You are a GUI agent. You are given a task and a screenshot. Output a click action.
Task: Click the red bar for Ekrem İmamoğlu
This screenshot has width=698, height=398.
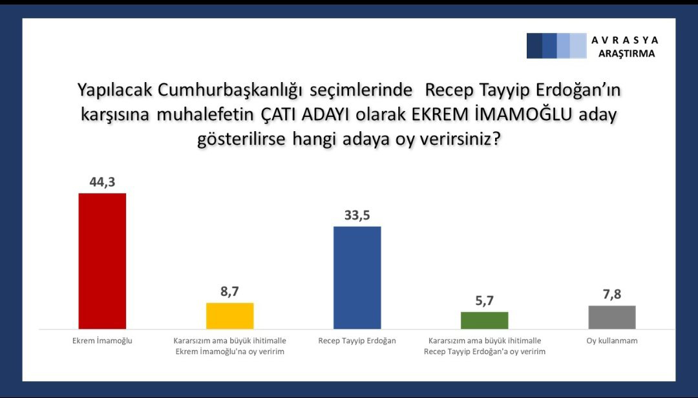pos(102,261)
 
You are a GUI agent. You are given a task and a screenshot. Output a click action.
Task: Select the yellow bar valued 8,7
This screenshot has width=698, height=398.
pos(229,316)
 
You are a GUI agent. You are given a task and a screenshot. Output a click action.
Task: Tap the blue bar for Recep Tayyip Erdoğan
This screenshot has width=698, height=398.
pos(357,278)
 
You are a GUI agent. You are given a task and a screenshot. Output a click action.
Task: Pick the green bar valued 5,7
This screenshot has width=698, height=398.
pos(484,320)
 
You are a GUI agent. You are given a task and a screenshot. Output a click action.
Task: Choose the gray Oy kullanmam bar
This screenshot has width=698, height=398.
pos(612,317)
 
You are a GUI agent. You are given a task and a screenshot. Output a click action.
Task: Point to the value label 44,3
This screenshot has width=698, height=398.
pos(102,182)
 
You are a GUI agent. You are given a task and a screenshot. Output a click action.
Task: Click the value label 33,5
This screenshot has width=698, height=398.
pos(357,215)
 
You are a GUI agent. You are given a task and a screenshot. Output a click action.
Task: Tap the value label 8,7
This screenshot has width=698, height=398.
pos(229,291)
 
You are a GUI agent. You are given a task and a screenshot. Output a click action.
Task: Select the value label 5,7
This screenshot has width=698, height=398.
pos(484,301)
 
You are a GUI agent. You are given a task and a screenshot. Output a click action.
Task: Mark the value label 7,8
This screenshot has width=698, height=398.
pos(612,294)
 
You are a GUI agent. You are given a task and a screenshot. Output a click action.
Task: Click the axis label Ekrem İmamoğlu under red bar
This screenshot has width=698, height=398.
pos(102,340)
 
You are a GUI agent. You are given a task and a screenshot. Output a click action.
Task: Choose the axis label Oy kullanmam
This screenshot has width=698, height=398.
pos(612,340)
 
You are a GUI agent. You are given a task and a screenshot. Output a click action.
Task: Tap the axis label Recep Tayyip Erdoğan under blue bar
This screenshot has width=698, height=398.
pos(357,340)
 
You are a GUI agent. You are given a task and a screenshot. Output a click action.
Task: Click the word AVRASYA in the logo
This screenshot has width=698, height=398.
pos(625,40)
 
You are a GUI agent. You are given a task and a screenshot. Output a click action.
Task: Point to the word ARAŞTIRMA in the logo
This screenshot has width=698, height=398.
pos(627,54)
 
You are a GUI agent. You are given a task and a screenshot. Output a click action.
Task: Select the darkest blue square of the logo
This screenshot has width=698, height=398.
pos(534,46)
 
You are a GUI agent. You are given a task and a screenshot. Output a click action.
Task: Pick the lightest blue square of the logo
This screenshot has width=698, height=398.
pos(578,46)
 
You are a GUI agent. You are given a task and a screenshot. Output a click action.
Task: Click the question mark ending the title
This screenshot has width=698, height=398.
pos(496,139)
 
